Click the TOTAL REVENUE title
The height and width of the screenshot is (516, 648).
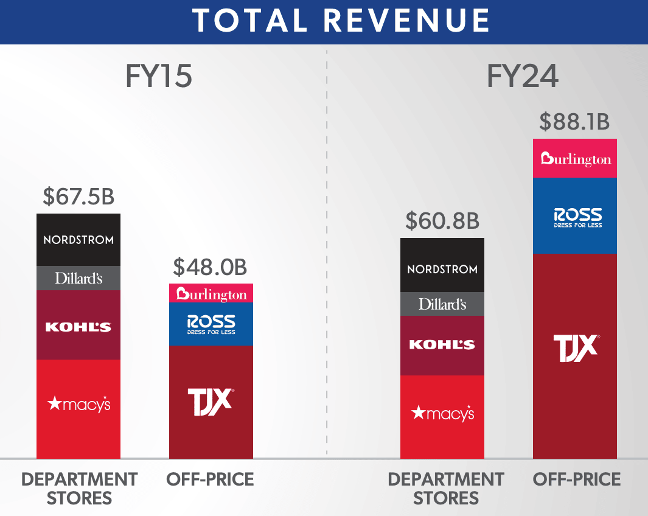(341, 21)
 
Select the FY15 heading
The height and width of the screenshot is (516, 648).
(159, 77)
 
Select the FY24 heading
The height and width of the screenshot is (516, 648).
(523, 77)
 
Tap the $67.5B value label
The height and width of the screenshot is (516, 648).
(78, 197)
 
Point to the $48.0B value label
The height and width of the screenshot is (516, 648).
(211, 267)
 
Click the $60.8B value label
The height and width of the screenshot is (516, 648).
(442, 221)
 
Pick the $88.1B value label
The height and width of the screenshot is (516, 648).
(574, 122)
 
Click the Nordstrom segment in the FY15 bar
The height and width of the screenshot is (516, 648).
(78, 240)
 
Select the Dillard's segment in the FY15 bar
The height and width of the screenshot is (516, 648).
(78, 278)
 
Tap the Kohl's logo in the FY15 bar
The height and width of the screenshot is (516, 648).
(78, 327)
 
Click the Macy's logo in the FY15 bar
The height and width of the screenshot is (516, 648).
(78, 403)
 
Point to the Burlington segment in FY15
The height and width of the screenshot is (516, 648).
(211, 294)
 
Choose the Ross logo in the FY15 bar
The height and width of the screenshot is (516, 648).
(211, 325)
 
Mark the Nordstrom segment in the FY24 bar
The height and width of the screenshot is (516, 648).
(442, 268)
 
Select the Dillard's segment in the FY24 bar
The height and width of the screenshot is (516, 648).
(442, 304)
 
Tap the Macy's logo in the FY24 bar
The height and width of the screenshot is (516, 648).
(442, 414)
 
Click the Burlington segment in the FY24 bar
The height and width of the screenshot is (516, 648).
(575, 159)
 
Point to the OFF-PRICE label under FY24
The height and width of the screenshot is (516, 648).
(577, 479)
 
